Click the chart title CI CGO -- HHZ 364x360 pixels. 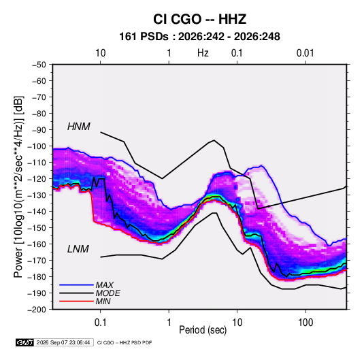pyautogui.click(x=199, y=19)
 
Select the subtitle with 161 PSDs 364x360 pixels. pyautogui.click(x=199, y=37)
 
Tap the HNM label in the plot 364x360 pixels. pyautogui.click(x=79, y=127)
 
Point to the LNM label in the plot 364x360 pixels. pyautogui.click(x=78, y=249)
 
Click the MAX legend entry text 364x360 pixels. pyautogui.click(x=105, y=285)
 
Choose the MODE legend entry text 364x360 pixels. pyautogui.click(x=107, y=293)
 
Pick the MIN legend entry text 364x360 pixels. pyautogui.click(x=103, y=301)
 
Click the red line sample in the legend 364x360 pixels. pyautogui.click(x=76, y=301)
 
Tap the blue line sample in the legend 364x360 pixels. pyautogui.click(x=76, y=285)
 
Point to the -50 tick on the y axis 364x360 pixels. pyautogui.click(x=39, y=65)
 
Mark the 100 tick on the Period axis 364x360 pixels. pyautogui.click(x=305, y=323)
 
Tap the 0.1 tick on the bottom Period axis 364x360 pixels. pyautogui.click(x=100, y=323)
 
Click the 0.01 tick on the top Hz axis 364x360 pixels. pyautogui.click(x=305, y=53)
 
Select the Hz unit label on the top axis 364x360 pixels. pyautogui.click(x=203, y=53)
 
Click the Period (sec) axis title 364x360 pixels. pyautogui.click(x=203, y=330)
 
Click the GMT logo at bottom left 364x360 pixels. pyautogui.click(x=24, y=342)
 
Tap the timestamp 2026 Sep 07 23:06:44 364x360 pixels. pyautogui.click(x=63, y=342)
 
